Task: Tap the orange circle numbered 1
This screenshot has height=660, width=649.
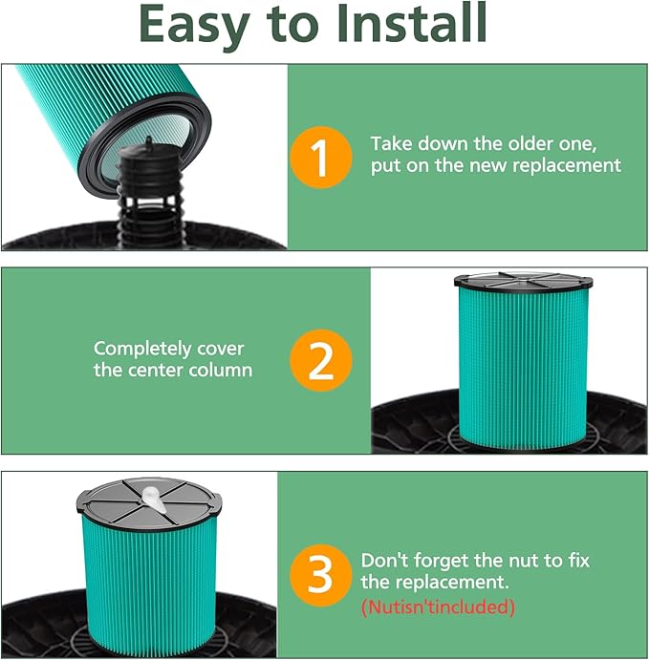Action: [321, 158]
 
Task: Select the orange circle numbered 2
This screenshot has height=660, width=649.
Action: [321, 360]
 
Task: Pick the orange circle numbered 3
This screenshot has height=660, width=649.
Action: [321, 575]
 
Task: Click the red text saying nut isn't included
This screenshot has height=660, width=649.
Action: [438, 607]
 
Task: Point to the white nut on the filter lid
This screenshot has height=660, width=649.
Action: [153, 499]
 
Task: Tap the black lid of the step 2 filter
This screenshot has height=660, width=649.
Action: [523, 281]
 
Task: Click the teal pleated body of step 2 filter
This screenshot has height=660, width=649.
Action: [523, 366]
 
